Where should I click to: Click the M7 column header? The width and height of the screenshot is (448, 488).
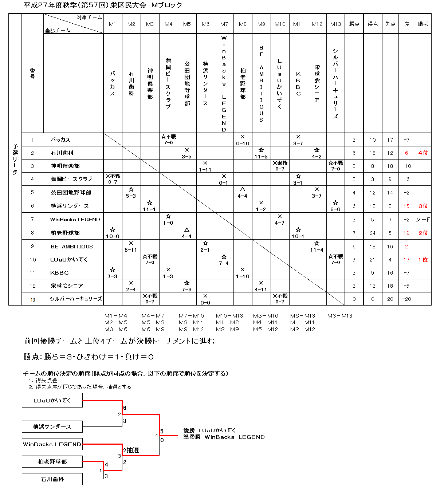coord(224,24)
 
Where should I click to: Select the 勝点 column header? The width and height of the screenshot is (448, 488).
coord(354,24)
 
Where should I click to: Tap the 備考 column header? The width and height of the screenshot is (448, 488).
coord(423,24)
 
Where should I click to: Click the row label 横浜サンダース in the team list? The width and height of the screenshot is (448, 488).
coord(70,206)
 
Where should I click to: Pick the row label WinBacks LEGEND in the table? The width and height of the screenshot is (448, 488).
coord(75,220)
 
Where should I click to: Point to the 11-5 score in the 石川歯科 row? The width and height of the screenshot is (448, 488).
coord(261,157)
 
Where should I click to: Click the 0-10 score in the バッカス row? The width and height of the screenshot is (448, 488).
coord(243,143)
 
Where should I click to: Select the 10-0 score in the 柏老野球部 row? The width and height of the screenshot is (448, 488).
coord(113,236)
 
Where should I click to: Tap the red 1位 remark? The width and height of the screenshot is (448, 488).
coord(423,260)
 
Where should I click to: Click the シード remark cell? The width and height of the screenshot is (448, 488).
coord(423,220)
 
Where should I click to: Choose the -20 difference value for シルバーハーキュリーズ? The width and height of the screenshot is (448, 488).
coord(406,299)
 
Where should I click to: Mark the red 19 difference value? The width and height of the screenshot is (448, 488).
coord(406,233)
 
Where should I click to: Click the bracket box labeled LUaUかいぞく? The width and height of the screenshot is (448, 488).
coord(52,400)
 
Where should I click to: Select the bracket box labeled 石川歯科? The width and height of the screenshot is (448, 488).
coord(52,479)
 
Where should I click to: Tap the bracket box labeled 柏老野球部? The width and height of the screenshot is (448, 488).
coord(52,462)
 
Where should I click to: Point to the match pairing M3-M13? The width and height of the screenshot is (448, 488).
coord(339,316)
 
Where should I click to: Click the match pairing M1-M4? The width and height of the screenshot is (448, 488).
coord(116,316)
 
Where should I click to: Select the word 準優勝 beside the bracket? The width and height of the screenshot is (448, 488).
coord(192,437)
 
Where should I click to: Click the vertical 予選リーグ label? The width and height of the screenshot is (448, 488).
coord(15,159)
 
